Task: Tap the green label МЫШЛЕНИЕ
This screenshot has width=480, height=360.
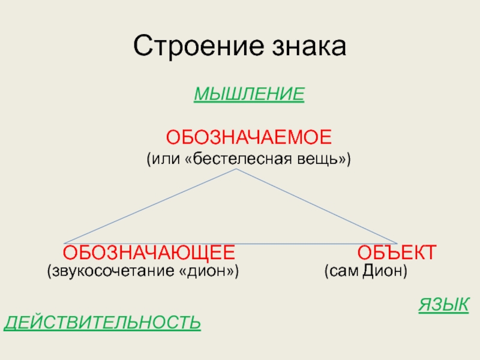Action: (x=249, y=94)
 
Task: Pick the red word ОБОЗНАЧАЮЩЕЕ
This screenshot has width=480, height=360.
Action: (x=149, y=251)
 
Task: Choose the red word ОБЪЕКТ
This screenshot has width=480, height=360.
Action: (x=397, y=251)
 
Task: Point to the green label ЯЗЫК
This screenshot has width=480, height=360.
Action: (x=443, y=304)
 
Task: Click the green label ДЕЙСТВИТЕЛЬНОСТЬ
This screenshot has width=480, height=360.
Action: (x=103, y=323)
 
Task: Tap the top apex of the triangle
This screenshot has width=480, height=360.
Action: (x=237, y=170)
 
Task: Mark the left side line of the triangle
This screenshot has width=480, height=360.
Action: (x=150, y=207)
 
